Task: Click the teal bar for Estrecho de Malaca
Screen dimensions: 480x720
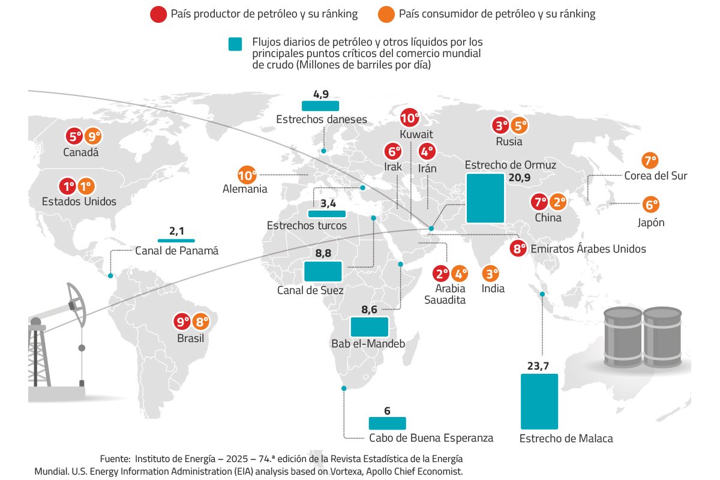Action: pos(539,401)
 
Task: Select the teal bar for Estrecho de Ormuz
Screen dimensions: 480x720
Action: pos(485,197)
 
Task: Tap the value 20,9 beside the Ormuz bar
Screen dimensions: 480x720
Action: pos(520,178)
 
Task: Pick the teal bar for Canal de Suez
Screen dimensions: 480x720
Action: pos(323,271)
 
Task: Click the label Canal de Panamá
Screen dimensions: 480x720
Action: pos(177,251)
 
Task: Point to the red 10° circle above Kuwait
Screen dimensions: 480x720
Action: pos(410,118)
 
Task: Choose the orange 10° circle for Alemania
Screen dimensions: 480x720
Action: pos(247,175)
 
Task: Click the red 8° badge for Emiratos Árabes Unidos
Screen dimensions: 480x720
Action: pos(518,248)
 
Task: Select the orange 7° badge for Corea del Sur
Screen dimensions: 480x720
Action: pos(650,160)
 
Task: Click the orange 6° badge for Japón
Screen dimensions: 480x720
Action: pos(650,205)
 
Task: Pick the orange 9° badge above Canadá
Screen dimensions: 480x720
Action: pos(92,136)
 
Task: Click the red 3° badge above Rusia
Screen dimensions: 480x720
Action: pos(502,126)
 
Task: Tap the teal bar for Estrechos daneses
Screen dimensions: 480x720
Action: pos(321,106)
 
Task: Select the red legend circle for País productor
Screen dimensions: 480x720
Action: pos(159,14)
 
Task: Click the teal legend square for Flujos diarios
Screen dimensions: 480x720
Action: pos(235,44)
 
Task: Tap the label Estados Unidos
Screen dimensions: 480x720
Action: pos(79,202)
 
